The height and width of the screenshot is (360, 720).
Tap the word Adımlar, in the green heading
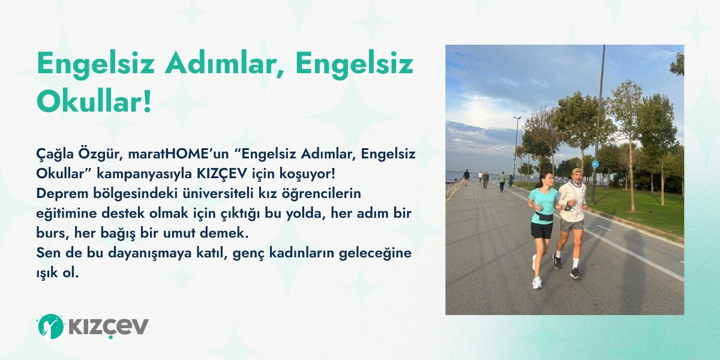224,64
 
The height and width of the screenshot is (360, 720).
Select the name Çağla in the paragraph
55,154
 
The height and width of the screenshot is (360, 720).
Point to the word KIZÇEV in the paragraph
222,175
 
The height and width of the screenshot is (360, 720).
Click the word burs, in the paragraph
52,233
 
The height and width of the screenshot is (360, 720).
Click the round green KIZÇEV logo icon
50,326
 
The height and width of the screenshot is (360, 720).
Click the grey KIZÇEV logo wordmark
109,327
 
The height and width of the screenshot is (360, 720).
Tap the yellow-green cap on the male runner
577,170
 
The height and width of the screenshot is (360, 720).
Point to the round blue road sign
595,164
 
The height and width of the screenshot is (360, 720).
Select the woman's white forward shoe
537,283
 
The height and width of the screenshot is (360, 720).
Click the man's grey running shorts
571,225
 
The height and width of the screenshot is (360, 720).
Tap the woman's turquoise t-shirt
544,205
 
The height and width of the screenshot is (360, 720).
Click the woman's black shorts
542,230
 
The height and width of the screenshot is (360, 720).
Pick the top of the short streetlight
517,118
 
